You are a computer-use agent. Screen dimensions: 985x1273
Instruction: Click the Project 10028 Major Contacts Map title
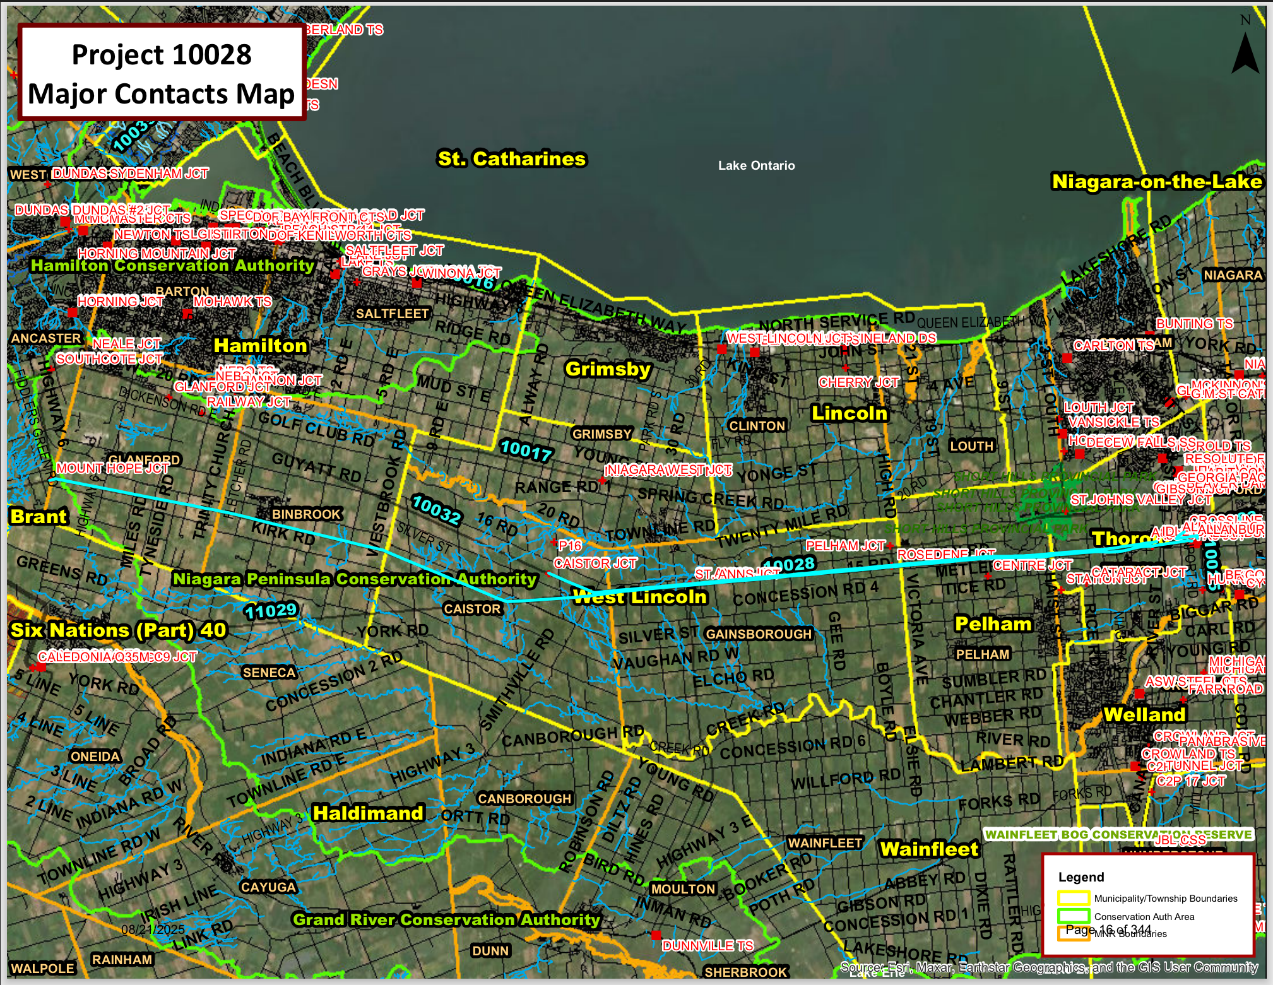[x=162, y=73]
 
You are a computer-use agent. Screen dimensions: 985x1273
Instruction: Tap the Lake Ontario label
[x=756, y=165]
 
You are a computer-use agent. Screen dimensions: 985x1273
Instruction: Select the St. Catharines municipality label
[x=512, y=158]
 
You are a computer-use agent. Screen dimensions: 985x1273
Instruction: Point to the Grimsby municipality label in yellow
[x=608, y=369]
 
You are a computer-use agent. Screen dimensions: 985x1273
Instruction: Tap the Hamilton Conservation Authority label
[x=172, y=266]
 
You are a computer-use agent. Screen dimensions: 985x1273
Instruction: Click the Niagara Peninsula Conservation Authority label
[x=355, y=579]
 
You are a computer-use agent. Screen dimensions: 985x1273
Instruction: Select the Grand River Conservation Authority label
[x=446, y=919]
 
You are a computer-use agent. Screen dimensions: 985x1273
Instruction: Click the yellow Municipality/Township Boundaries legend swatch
[x=1074, y=898]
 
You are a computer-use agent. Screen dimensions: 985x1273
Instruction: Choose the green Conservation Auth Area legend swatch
[x=1074, y=916]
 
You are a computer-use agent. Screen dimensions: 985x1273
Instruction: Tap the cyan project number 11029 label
[x=271, y=610]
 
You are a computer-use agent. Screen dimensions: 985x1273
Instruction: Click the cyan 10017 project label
[x=526, y=451]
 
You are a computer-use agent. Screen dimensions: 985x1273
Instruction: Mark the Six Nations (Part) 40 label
[x=119, y=630]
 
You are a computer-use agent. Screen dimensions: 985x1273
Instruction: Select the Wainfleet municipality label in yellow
[x=929, y=849]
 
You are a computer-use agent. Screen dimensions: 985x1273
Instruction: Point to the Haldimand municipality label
[x=368, y=813]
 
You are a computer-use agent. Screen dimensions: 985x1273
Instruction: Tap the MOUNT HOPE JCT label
[x=112, y=468]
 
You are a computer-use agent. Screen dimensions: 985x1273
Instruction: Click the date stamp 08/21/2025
[x=153, y=929]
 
